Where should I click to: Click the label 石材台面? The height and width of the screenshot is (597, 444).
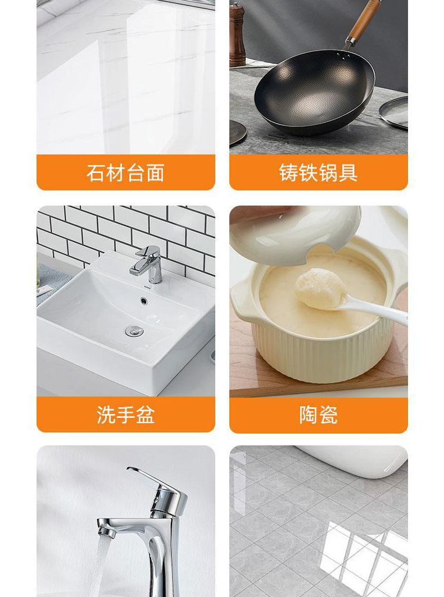click(125, 173)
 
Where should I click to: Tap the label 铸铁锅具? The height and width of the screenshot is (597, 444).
click(319, 173)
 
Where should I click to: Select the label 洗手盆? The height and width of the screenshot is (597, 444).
click(125, 414)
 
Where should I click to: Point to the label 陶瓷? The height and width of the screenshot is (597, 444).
click(319, 414)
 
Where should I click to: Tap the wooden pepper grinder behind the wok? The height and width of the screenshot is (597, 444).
click(237, 35)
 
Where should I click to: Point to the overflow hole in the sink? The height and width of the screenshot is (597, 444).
click(144, 300)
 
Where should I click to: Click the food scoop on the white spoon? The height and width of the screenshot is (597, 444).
click(320, 288)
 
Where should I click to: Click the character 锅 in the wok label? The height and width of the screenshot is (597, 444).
click(329, 173)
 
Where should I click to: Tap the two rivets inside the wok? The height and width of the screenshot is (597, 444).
click(346, 56)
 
